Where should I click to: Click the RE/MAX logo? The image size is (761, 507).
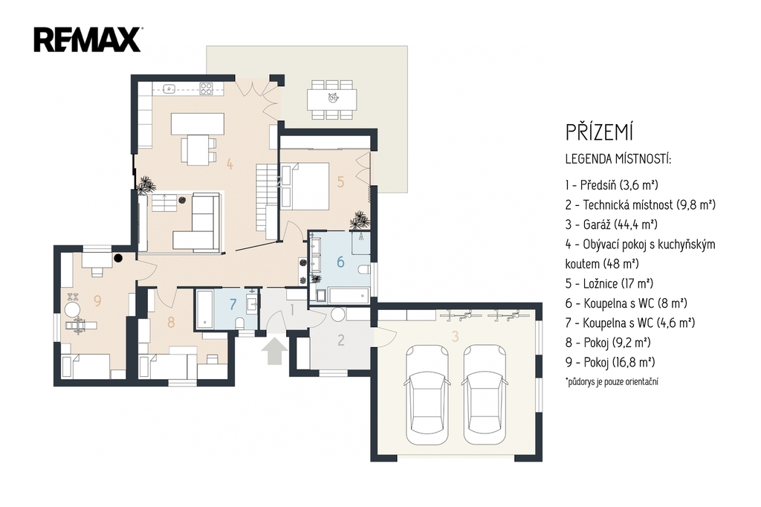click(x=88, y=39)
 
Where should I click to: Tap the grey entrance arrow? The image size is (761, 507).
click(x=274, y=351)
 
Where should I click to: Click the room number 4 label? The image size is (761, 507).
click(x=230, y=164)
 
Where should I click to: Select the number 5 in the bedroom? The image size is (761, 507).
click(x=340, y=182)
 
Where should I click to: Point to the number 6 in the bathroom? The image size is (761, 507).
click(x=340, y=262)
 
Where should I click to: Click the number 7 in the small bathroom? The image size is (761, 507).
click(x=233, y=305)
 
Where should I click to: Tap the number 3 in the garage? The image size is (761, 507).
click(x=455, y=335)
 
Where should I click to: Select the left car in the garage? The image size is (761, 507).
click(x=427, y=394)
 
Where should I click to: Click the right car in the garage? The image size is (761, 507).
click(x=485, y=394)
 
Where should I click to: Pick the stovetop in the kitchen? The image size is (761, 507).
click(x=206, y=88)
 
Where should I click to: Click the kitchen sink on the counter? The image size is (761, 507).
click(x=169, y=88)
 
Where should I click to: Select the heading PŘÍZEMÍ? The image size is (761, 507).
click(x=600, y=132)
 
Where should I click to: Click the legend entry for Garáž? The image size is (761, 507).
click(x=612, y=225)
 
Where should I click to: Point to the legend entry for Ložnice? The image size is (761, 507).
click(x=609, y=284)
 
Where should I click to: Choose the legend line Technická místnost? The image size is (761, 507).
click(x=641, y=204)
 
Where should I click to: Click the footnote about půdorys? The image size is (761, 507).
click(x=612, y=381)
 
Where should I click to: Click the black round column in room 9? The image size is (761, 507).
click(x=118, y=259)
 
